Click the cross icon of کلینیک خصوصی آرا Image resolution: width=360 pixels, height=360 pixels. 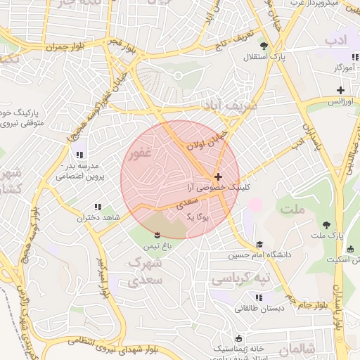pos(218,176)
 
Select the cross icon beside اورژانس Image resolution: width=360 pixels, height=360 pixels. pos(340,90)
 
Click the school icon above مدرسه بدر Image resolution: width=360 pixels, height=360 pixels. pos(78,155)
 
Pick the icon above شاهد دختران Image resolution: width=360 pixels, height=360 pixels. pos(97,207)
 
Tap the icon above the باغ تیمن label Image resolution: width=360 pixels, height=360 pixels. pos(157,233)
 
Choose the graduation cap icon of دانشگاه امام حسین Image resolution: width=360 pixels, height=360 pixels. pos(258,243)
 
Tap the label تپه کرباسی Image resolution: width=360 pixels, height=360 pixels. pos(236,279)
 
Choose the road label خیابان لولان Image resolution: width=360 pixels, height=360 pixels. pos(203,138)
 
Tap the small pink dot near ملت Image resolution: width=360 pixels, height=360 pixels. pos(255,205)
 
